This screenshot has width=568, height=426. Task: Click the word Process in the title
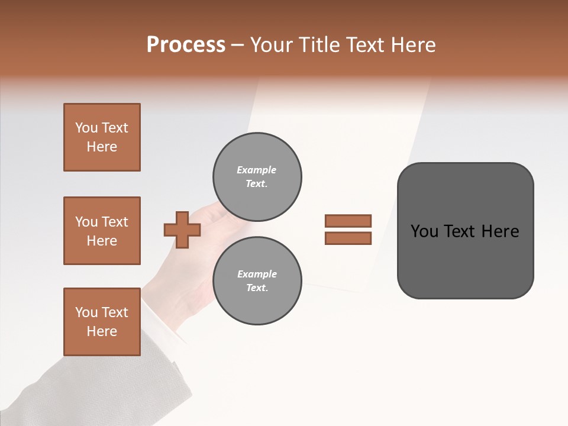(186, 45)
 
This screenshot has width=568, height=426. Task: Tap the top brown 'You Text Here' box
(102, 137)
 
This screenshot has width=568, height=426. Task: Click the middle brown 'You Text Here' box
(102, 231)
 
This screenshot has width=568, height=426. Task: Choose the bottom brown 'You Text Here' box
(102, 322)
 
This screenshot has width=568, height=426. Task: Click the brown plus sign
(182, 229)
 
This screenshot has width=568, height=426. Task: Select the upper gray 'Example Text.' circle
(257, 176)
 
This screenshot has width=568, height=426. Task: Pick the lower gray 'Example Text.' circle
(257, 280)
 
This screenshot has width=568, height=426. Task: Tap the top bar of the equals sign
(348, 221)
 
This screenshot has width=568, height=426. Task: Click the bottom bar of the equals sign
(348, 238)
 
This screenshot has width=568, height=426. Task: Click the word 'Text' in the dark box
(460, 231)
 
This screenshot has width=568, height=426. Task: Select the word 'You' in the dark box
(424, 231)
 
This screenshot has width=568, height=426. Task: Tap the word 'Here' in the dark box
(500, 231)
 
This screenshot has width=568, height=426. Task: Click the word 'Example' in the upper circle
(257, 170)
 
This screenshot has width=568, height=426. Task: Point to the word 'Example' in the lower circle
(257, 274)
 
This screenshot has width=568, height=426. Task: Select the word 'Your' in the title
(270, 45)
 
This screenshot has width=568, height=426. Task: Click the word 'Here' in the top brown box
(102, 147)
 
